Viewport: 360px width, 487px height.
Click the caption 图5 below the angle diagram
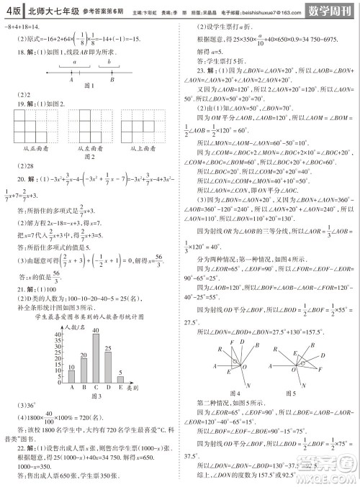(x=291, y=393)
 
